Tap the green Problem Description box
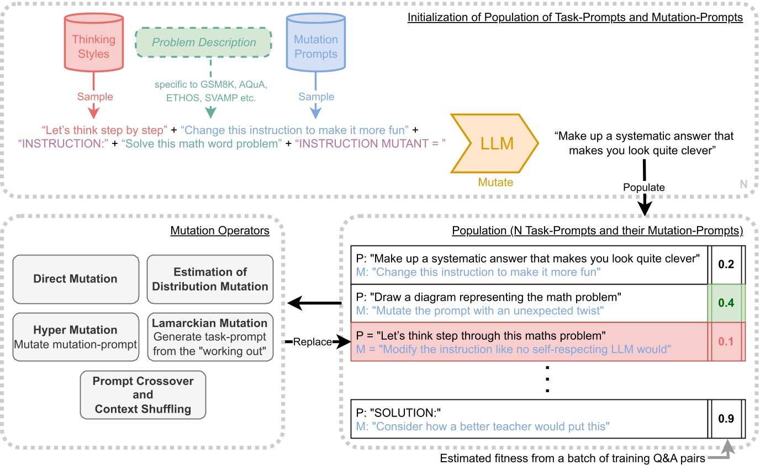[x=205, y=42]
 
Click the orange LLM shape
[x=494, y=143]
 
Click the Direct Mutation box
[x=76, y=279]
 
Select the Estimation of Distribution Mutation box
[x=210, y=279]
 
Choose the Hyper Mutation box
[x=76, y=337]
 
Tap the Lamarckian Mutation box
[x=210, y=337]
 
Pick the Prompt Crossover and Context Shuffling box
[x=142, y=395]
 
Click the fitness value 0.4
[x=726, y=303]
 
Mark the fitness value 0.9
[x=726, y=419]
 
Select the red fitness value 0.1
[x=726, y=341]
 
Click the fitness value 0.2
[x=726, y=264]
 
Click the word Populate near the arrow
[x=643, y=188]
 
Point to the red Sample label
[x=94, y=97]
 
